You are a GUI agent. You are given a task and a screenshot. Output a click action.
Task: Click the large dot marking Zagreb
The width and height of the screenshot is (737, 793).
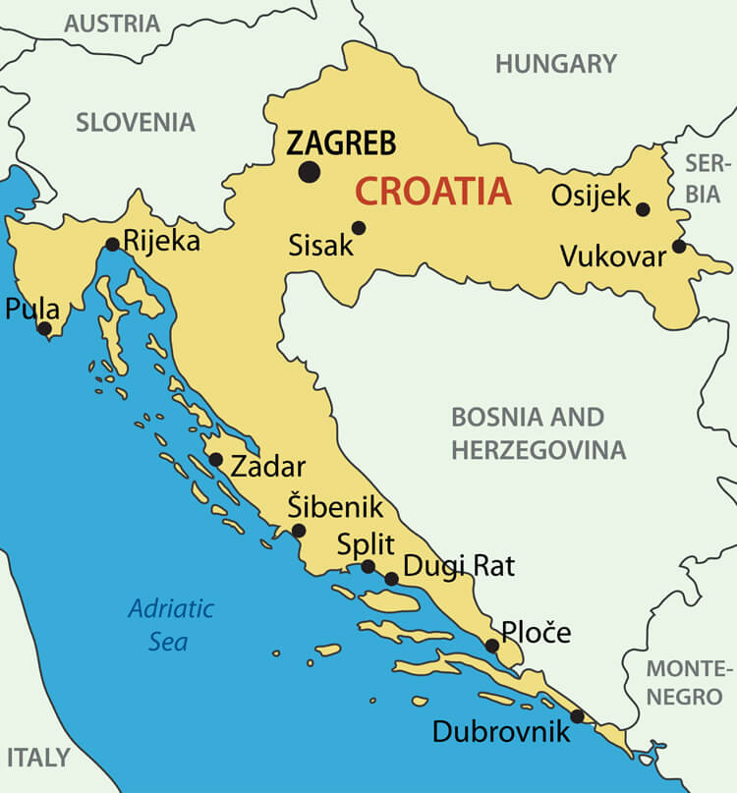(310, 172)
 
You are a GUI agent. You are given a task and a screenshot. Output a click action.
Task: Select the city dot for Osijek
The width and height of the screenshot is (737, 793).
(643, 209)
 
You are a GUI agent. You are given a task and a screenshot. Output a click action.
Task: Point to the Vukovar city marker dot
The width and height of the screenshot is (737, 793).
(678, 247)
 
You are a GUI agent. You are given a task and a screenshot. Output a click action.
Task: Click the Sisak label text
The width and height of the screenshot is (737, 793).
(320, 246)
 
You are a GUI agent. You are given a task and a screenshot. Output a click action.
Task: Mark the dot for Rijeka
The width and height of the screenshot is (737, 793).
(112, 244)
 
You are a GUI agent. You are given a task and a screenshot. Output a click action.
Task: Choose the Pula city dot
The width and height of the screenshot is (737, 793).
(43, 328)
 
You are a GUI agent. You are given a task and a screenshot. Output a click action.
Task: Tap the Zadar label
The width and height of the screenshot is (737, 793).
(267, 467)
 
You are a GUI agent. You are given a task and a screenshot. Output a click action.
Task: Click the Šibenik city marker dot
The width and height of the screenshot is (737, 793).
(299, 531)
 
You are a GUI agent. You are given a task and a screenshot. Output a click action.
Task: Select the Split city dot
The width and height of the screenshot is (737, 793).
(368, 566)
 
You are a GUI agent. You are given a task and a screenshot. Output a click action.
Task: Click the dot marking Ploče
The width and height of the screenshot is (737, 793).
(491, 646)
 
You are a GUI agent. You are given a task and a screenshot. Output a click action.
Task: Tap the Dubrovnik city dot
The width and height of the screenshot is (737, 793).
(577, 715)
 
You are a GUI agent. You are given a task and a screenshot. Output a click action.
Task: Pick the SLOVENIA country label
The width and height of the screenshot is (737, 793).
(136, 123)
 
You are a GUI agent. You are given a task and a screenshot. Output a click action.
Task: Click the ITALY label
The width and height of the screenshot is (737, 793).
(39, 758)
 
